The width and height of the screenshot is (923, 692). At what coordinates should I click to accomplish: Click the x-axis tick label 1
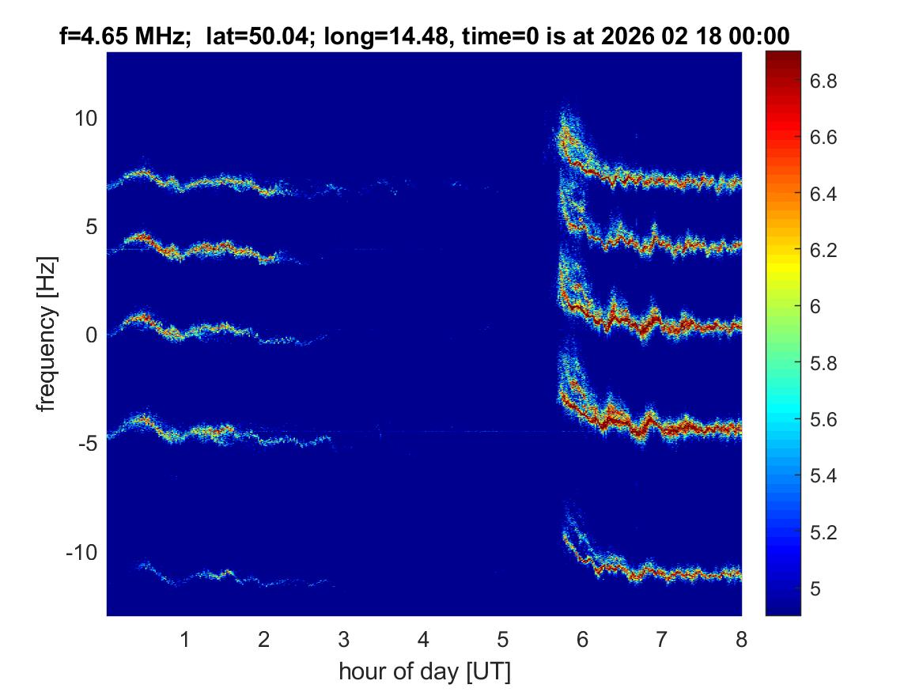[x=185, y=639]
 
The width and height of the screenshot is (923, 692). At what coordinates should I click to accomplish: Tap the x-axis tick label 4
[x=423, y=639]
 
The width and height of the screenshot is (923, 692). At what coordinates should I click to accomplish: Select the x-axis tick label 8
[x=741, y=639]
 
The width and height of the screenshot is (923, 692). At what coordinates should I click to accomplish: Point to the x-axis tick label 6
[x=582, y=639]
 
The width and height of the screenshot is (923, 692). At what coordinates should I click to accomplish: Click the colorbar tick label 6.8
[x=825, y=81]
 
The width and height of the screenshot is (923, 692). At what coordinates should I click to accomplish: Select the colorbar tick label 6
[x=817, y=307]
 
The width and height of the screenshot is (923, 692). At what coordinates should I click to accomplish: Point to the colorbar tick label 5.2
[x=825, y=532]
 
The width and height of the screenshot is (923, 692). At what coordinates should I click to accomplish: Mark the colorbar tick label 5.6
[x=825, y=419]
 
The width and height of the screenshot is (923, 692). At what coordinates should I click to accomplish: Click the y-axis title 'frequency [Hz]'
[x=48, y=335]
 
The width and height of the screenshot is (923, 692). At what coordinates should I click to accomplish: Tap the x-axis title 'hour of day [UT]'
[x=424, y=672]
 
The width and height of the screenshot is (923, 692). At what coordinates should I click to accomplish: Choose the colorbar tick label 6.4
[x=825, y=195]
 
